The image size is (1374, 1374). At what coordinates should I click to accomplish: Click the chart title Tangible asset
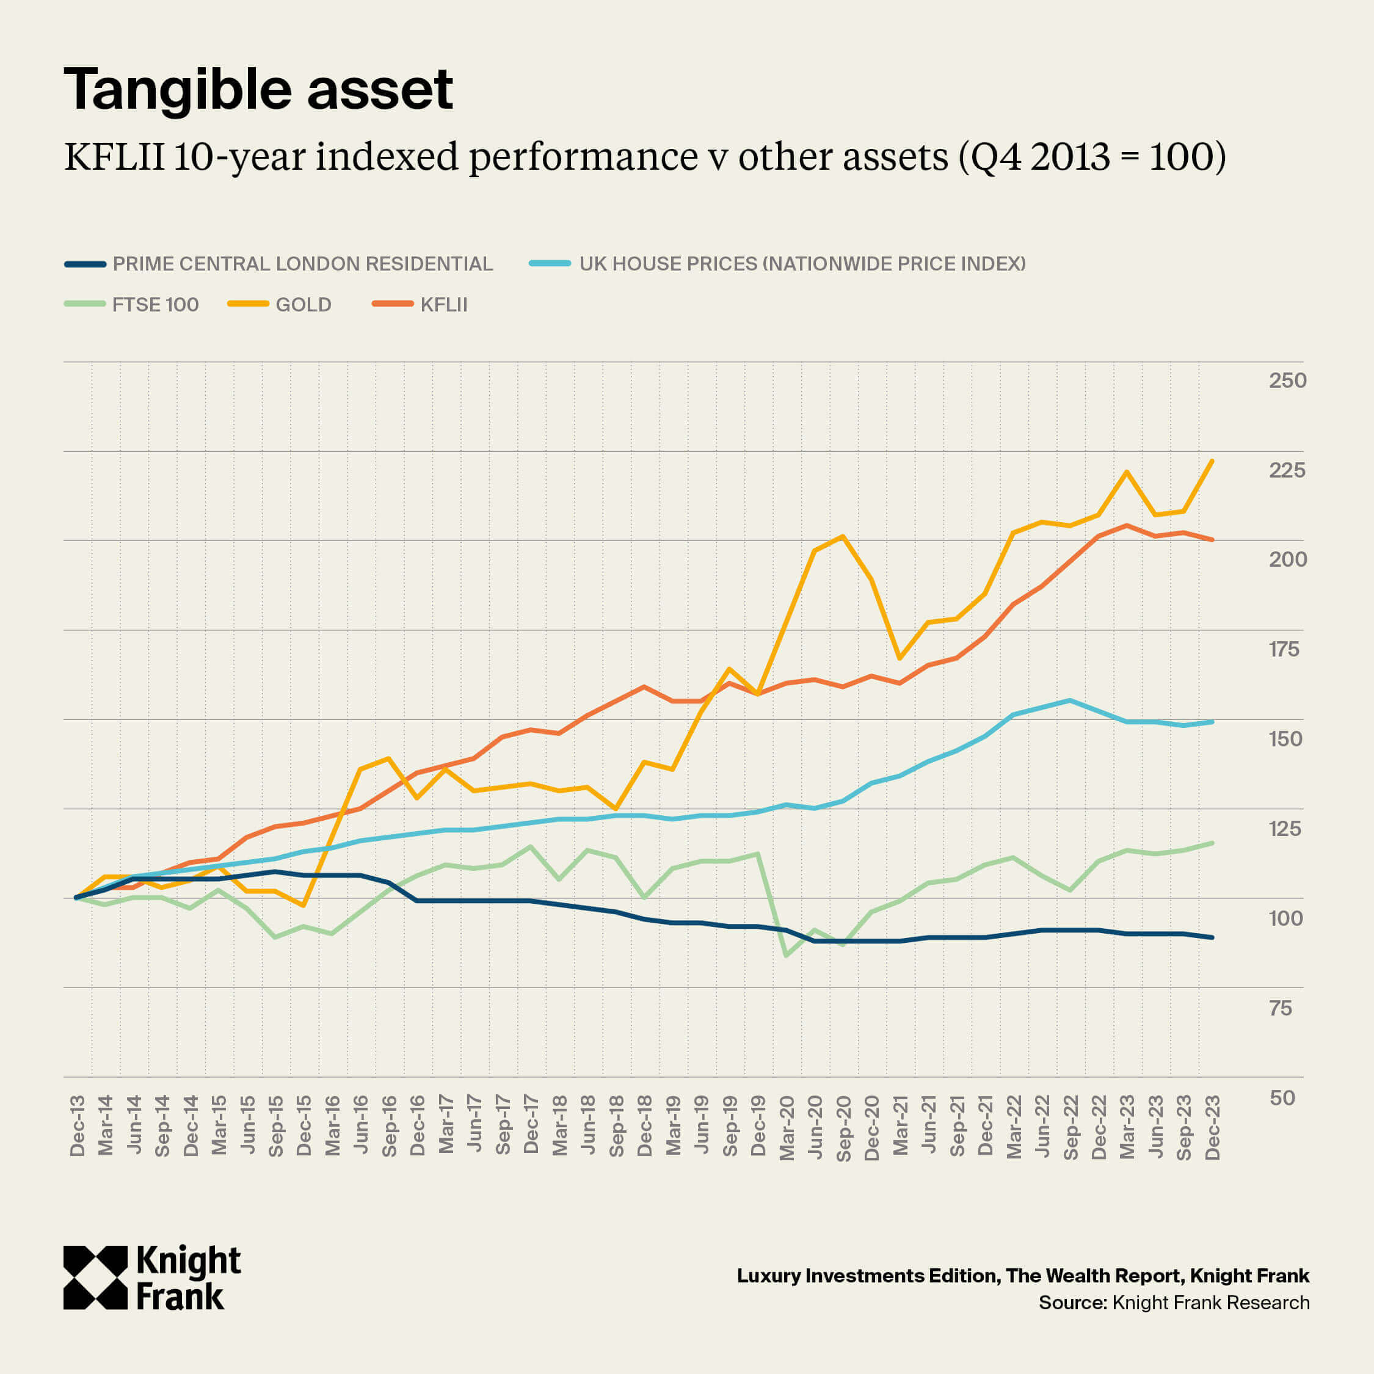258,90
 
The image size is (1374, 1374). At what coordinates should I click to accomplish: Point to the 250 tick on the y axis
1287,380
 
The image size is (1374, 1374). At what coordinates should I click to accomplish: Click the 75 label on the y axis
1280,1008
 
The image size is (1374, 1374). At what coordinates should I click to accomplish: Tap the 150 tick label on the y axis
1285,739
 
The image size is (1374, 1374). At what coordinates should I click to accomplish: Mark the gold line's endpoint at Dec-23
1212,461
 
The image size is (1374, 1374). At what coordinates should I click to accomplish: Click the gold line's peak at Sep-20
843,536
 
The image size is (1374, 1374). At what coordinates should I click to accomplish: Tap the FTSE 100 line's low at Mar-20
786,955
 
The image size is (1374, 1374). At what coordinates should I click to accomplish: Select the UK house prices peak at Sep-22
1070,700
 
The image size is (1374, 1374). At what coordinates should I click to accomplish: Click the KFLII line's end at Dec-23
1212,540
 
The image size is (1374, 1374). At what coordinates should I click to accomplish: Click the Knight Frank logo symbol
95,1278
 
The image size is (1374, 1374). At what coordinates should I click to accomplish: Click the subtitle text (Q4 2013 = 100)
1092,156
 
